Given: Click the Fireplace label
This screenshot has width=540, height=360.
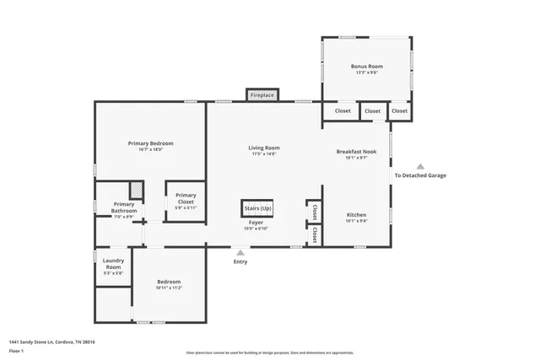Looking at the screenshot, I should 262,96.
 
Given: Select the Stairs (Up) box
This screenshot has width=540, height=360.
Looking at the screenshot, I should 257,207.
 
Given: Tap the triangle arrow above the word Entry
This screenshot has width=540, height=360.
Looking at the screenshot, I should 240,252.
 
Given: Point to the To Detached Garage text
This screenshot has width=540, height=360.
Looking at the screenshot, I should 420,175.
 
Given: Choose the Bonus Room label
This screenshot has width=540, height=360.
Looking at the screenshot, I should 366,67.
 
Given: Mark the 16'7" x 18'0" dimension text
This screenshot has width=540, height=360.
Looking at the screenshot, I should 150,150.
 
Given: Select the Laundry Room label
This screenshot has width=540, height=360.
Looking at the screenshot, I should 113,264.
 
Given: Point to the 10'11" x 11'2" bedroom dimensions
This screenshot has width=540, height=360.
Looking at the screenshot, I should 169,288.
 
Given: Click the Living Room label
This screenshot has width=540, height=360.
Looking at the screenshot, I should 263,148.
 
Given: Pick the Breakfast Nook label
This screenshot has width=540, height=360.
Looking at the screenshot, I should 354,151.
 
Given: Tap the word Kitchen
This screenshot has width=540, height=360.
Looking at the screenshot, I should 356,215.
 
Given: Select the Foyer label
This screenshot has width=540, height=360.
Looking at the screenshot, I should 255,222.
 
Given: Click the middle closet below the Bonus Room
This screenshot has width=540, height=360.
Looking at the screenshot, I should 371,111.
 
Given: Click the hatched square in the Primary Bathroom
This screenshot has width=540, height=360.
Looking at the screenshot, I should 134,191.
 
